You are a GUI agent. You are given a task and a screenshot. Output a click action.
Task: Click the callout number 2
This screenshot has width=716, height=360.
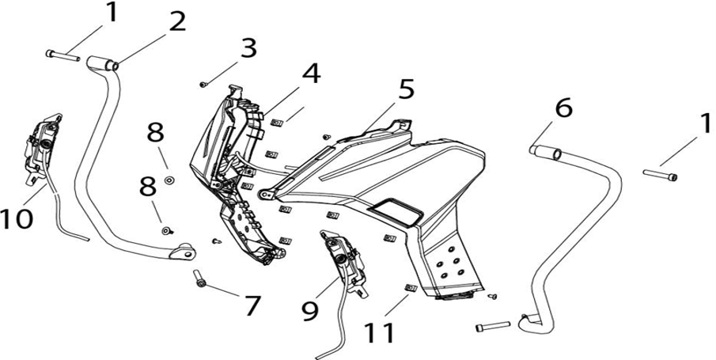pyautogui.click(x=177, y=21)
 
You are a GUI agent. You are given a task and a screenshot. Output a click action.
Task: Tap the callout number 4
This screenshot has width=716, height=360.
pyautogui.click(x=311, y=74)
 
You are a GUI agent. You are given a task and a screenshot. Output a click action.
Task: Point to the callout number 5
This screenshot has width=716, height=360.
pyautogui.click(x=406, y=89)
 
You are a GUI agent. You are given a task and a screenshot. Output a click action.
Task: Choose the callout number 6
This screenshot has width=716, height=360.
pyautogui.click(x=563, y=108)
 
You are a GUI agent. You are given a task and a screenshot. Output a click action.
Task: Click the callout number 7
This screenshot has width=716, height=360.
pyautogui.click(x=252, y=305)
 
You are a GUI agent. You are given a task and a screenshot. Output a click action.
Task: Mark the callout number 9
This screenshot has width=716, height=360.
pyautogui.click(x=310, y=310)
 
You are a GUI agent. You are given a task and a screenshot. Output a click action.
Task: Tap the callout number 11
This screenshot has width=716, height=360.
pyautogui.click(x=380, y=333)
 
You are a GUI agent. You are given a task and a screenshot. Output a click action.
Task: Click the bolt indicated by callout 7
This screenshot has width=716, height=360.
pyautogui.click(x=199, y=278)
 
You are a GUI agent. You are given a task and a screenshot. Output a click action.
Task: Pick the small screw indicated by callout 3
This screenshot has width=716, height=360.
pyautogui.click(x=203, y=84)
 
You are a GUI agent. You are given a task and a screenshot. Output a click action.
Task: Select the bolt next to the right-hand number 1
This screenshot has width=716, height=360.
pyautogui.click(x=660, y=175)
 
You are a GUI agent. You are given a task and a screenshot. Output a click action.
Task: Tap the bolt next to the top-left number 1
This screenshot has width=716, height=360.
pyautogui.click(x=63, y=55)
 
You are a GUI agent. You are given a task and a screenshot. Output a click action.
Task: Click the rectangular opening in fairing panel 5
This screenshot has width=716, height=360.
pyautogui.click(x=396, y=211)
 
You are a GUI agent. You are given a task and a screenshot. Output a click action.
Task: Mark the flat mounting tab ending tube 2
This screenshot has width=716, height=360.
pyautogui.click(x=184, y=252)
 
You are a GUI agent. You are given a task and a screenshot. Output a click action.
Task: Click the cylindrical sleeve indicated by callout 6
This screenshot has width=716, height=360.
pyautogui.click(x=546, y=152)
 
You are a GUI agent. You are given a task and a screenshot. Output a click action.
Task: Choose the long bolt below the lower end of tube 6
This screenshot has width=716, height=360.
pyautogui.click(x=493, y=327)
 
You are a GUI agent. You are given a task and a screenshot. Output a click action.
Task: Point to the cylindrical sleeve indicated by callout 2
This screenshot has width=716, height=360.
pyautogui.click(x=102, y=63)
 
